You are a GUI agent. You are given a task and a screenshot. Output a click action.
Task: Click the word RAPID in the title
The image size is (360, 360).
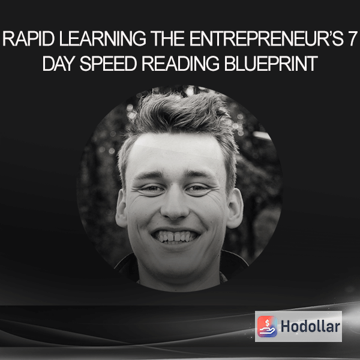click(x=28, y=39)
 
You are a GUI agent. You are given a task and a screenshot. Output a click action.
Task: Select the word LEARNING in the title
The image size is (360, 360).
click(x=103, y=39)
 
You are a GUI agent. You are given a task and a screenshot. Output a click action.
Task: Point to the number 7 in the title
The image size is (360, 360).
click(x=352, y=39)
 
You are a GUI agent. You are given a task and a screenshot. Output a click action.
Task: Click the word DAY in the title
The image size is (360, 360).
click(x=59, y=64)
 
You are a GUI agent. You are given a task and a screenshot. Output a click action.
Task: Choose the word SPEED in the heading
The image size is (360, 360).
click(x=108, y=64)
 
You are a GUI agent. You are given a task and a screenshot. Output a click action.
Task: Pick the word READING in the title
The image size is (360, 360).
click(x=181, y=64)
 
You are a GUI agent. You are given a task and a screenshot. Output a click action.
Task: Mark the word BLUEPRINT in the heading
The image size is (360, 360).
click(x=271, y=64)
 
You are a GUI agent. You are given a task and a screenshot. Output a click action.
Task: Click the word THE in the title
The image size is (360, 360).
click(x=167, y=39)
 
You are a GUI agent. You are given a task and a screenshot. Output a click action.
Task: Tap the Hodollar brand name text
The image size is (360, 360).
click(x=310, y=326)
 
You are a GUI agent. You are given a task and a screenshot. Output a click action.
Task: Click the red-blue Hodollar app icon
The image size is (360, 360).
click(x=267, y=326)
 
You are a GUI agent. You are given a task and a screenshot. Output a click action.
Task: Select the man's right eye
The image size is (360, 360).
click(x=151, y=188)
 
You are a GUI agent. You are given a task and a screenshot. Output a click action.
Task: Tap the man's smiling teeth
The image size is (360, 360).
click(x=175, y=236)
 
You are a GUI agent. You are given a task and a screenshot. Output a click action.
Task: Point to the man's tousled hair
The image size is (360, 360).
click(x=178, y=115)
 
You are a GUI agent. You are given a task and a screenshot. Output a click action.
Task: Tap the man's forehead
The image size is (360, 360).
click(x=176, y=152)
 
